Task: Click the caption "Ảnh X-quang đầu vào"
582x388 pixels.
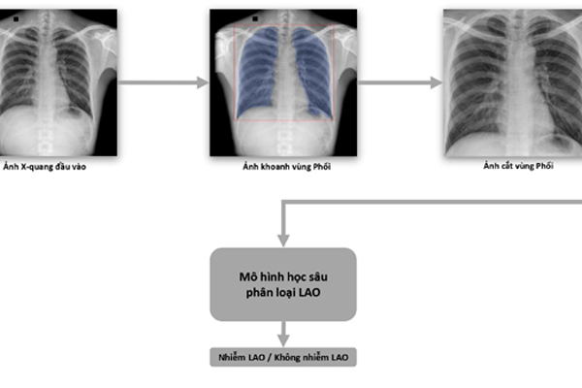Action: [45, 167]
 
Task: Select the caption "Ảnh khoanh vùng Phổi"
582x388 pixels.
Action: [286, 166]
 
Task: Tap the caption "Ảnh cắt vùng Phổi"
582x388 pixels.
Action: [518, 166]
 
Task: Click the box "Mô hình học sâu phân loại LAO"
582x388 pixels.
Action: [283, 284]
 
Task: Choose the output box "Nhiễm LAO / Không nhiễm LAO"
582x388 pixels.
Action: [283, 357]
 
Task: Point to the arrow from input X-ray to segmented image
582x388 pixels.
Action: [163, 82]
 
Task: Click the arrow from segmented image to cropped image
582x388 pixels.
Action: [400, 82]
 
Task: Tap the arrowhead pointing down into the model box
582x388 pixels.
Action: [283, 241]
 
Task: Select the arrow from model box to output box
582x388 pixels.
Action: [283, 334]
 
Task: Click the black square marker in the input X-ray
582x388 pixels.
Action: [16, 19]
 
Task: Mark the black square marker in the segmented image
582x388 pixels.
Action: [255, 18]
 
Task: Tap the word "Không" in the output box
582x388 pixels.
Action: [286, 357]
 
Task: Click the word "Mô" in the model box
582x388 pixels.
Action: [247, 276]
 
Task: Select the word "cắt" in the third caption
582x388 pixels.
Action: [506, 166]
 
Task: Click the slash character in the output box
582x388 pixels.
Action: [270, 358]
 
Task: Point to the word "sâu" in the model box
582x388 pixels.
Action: [319, 276]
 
